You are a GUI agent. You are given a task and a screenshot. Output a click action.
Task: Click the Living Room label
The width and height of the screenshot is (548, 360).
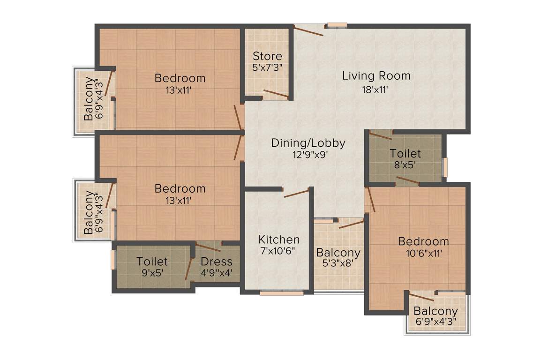coord(376,75)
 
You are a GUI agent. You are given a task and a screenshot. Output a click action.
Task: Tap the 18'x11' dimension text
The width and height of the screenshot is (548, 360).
coord(375,90)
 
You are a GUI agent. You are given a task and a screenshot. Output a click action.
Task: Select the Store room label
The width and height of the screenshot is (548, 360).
coord(267,57)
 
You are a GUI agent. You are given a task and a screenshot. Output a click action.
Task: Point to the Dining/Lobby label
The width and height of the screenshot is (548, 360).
coord(308,143)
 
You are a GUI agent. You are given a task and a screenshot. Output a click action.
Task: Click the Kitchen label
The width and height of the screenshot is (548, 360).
coord(279,240)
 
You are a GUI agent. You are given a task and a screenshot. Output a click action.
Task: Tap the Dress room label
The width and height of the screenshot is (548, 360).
coord(217,262)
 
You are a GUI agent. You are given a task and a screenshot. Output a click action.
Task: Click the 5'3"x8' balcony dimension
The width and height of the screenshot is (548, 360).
coord(338,263)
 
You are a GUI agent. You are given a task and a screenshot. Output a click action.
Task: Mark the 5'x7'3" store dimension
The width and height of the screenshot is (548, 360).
coord(267,67)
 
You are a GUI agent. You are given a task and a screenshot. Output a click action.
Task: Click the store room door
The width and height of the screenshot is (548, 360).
coord(276,94)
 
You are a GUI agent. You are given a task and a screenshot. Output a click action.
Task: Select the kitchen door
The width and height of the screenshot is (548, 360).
coord(296,193)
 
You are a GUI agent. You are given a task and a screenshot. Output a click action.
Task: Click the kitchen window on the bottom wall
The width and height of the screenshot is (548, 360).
coord(282,293)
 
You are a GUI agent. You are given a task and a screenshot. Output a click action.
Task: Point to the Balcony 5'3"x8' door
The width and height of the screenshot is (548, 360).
coord(351,225)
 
